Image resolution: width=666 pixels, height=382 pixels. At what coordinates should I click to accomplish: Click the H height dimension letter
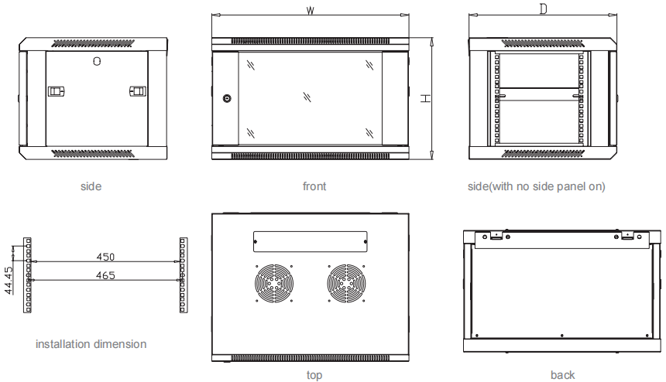426,100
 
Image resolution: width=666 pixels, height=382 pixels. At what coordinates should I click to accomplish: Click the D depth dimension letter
544,9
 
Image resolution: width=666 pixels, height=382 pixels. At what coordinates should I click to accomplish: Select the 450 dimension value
106,256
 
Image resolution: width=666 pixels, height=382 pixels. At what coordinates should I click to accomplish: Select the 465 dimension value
106,275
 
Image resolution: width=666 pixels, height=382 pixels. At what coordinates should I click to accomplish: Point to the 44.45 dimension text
8,280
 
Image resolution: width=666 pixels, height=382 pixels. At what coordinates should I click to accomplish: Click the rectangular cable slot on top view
310,242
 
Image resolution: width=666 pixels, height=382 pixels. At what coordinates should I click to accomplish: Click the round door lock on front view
227,99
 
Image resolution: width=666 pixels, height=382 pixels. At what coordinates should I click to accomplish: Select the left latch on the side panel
57,91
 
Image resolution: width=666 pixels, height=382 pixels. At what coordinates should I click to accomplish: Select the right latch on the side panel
137,91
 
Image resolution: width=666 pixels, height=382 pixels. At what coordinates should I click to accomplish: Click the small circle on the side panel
96,60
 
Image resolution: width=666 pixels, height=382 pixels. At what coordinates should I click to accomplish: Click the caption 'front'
314,186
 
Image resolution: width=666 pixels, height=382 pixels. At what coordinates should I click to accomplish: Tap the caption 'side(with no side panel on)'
537,186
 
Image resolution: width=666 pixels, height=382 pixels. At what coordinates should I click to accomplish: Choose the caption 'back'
563,375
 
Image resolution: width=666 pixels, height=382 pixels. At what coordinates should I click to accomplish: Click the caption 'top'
314,375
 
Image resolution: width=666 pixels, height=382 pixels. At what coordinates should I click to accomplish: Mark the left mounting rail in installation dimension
28,275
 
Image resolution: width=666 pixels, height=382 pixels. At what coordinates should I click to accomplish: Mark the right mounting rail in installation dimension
184,275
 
